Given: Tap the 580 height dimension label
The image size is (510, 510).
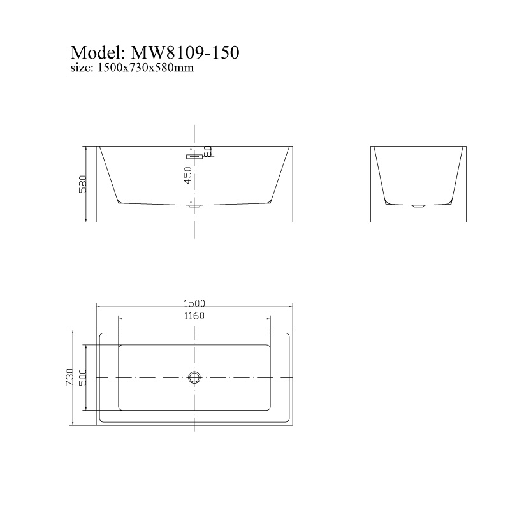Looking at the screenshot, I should click(x=82, y=185).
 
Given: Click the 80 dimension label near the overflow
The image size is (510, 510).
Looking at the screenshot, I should click(x=208, y=151).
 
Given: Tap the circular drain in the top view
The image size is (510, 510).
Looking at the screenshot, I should click(x=194, y=377).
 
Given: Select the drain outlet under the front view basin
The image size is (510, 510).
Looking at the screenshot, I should click(x=195, y=206).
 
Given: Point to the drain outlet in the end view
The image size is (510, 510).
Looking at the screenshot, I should click(x=418, y=206).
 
